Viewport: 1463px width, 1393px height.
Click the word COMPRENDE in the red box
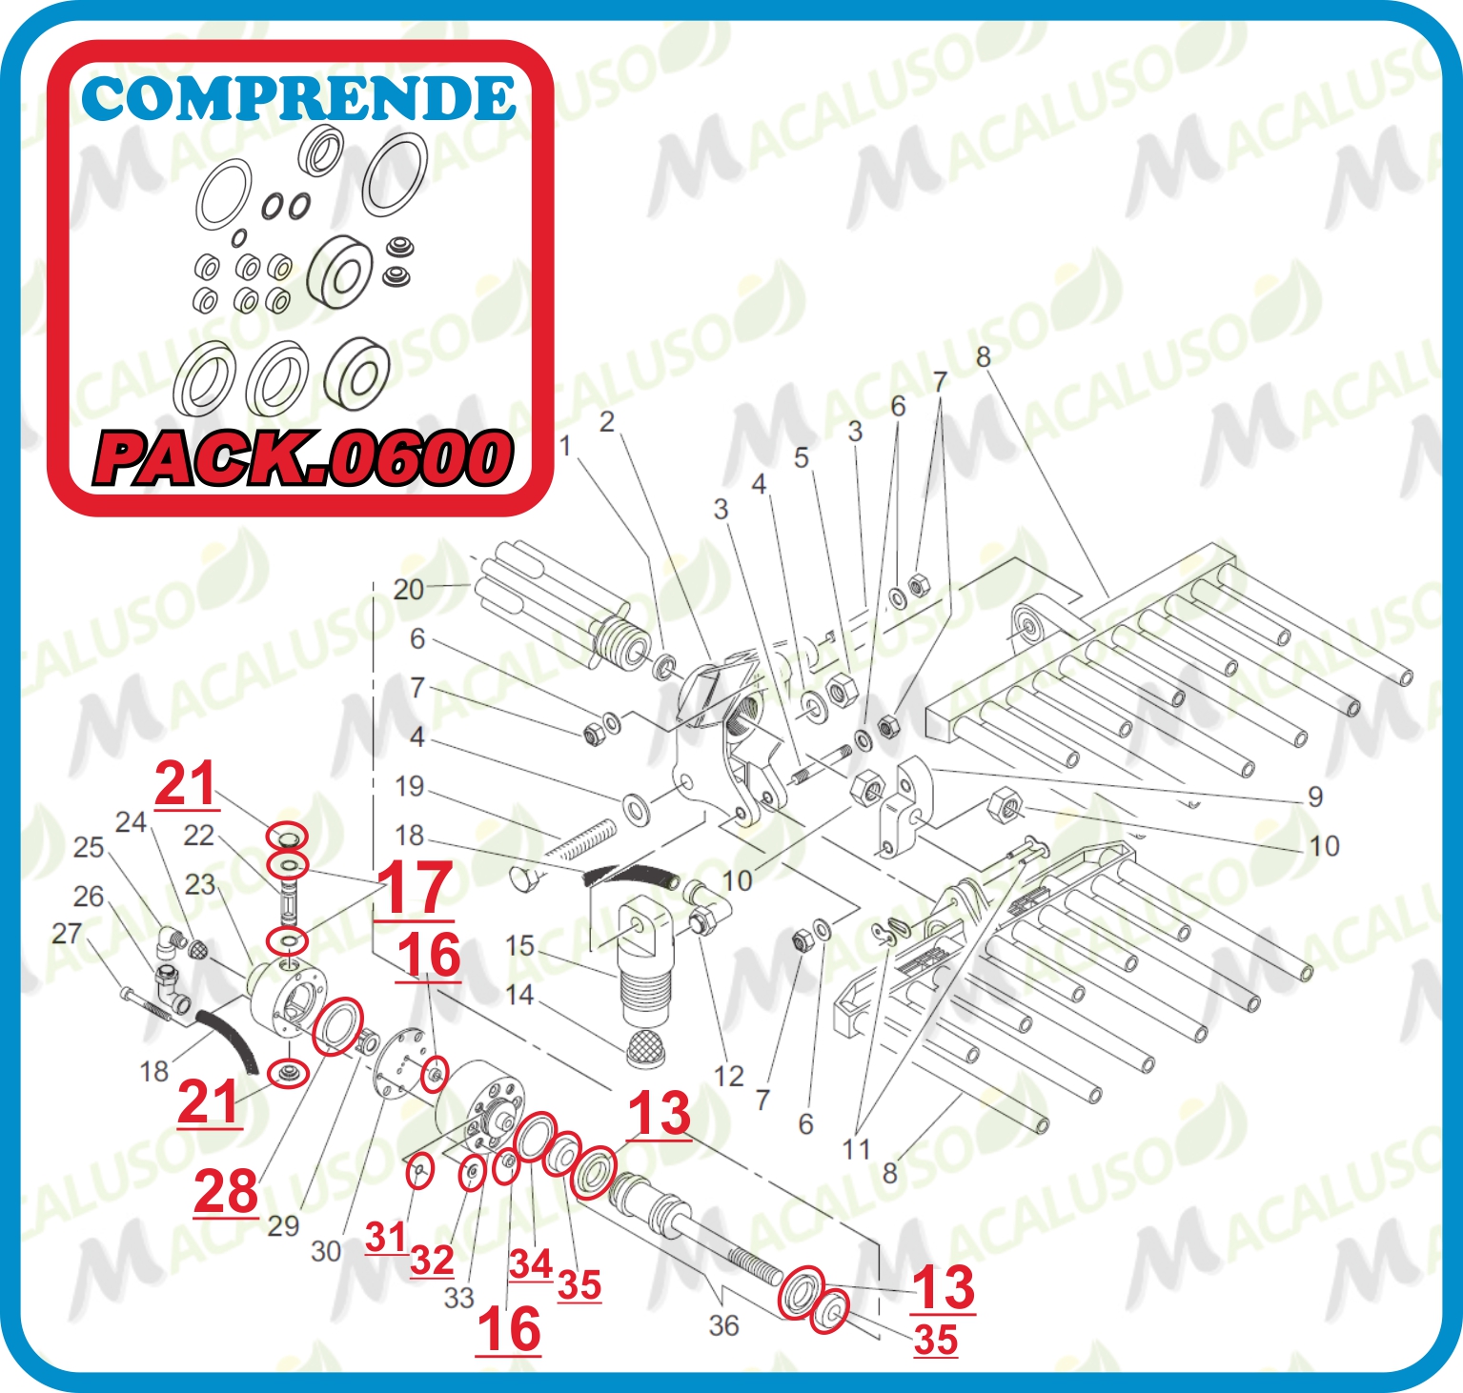tap(298, 98)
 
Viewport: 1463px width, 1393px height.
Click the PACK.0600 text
tap(303, 458)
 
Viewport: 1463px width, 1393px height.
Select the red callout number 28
tap(226, 1192)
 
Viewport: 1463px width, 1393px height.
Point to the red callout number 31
tap(386, 1238)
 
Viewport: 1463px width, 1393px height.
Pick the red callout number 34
tap(530, 1264)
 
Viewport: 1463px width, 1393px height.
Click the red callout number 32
tap(432, 1260)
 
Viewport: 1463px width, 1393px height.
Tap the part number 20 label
tap(408, 590)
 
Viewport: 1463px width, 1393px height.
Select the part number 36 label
tap(723, 1325)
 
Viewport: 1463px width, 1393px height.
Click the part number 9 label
tap(1315, 797)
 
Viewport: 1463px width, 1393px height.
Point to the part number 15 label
tap(519, 945)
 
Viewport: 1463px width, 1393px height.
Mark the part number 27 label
tap(67, 934)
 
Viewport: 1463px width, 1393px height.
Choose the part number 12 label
tap(729, 1076)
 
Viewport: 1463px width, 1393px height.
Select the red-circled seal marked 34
tap(535, 1135)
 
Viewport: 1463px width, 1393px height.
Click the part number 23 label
tap(200, 884)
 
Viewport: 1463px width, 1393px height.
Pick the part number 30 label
tap(326, 1251)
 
